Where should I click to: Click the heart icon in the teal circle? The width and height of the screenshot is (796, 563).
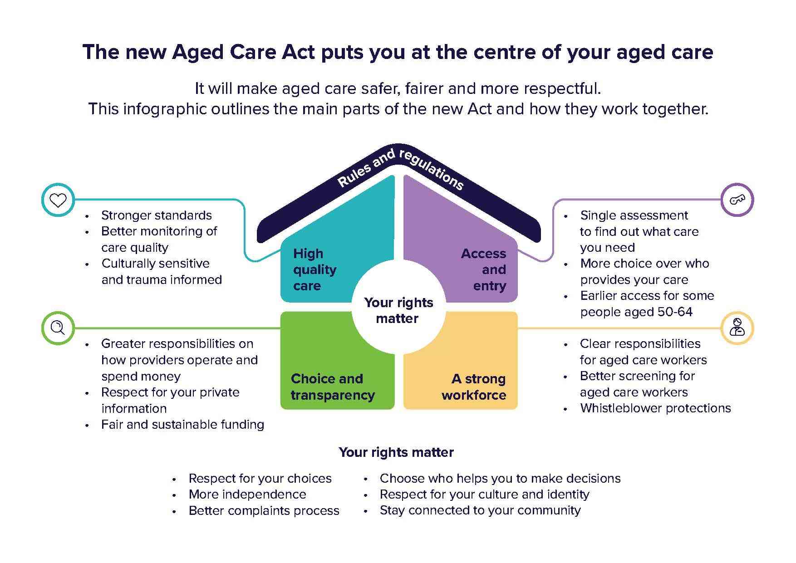click(58, 200)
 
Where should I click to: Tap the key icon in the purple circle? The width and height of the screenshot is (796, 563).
click(737, 200)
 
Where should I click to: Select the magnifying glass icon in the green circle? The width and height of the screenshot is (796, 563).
click(58, 328)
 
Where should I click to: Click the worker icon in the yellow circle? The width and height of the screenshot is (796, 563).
click(737, 327)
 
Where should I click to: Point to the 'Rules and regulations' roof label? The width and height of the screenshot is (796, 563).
click(400, 169)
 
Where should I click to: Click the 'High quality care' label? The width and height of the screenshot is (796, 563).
click(314, 269)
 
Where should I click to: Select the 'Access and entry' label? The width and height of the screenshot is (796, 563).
click(483, 269)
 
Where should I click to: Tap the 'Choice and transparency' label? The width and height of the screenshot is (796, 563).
click(333, 387)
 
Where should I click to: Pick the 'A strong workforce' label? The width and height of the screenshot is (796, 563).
click(474, 387)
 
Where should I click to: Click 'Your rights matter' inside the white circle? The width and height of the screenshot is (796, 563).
click(398, 310)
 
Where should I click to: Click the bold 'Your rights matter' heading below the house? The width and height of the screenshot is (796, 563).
click(396, 452)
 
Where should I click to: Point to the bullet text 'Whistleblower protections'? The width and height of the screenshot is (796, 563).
click(655, 408)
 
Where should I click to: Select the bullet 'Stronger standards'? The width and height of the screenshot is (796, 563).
click(157, 215)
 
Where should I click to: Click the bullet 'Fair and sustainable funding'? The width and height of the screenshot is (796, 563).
click(182, 425)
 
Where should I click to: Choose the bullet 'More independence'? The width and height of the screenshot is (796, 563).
click(247, 494)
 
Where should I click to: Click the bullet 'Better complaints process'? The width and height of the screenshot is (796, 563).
click(264, 510)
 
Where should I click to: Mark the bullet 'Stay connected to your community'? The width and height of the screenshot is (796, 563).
click(480, 510)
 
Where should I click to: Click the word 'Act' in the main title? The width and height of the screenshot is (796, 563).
click(298, 52)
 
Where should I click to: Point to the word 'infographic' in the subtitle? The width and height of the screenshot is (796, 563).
click(165, 109)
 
